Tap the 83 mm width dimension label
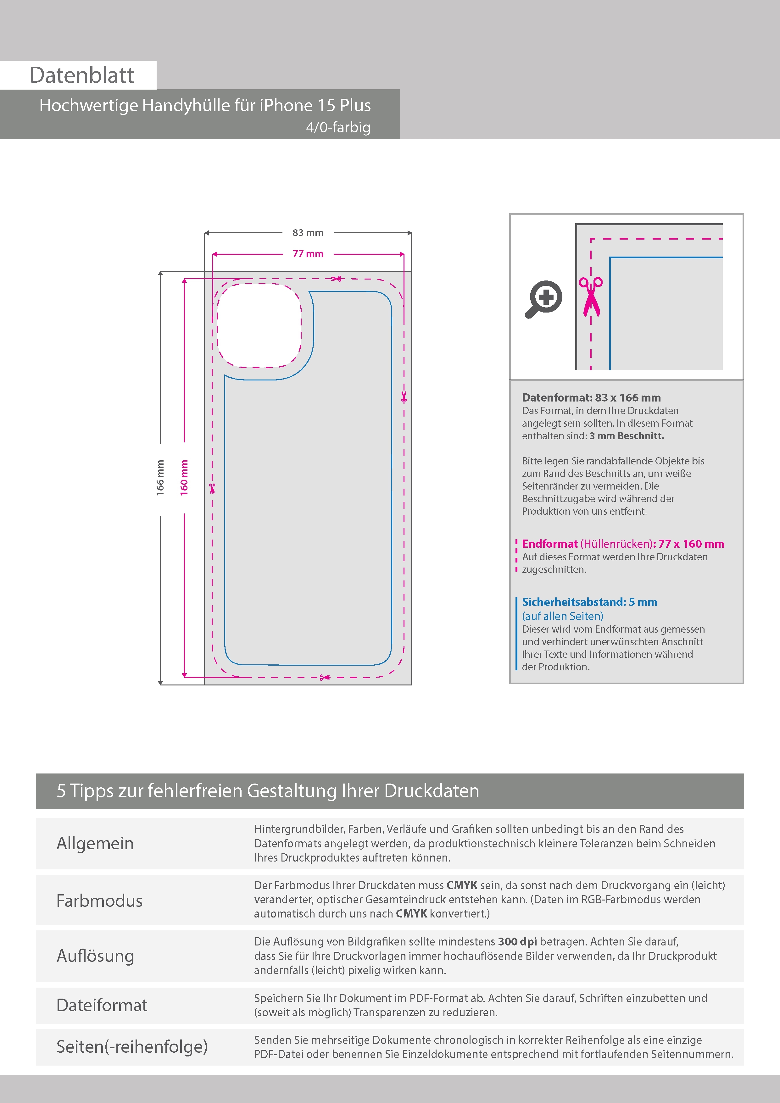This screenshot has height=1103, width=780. point(308,233)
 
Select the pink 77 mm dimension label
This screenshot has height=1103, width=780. point(308,254)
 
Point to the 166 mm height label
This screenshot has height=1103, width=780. point(160,478)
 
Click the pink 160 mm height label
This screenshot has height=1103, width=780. point(184,478)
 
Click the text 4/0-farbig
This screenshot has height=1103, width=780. point(338,127)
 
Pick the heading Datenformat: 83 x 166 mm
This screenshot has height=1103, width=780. point(591,398)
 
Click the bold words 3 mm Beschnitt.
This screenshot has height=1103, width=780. point(627,436)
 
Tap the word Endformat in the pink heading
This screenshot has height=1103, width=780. point(550,544)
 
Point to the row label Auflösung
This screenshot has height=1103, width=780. point(95,956)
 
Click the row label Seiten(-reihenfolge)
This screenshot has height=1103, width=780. point(132,1047)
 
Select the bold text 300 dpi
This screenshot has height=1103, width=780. point(518,942)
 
